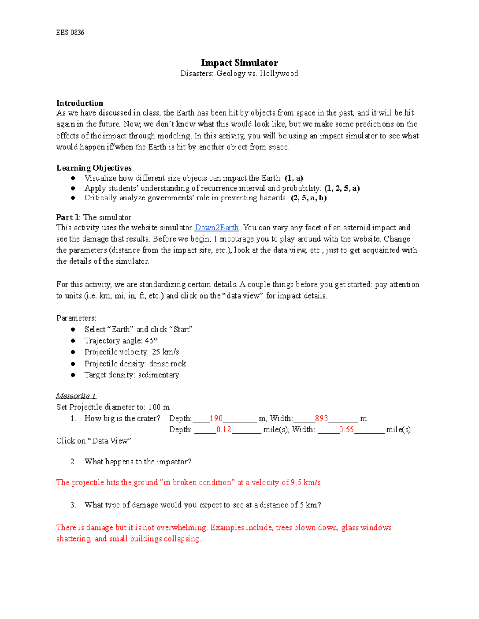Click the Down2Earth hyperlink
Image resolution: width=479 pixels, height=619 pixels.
216,228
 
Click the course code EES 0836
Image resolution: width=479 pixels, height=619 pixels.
70,33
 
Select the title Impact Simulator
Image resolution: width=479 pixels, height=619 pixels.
239,63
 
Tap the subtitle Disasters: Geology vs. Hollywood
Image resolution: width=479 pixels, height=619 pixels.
239,73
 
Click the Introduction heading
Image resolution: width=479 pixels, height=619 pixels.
80,103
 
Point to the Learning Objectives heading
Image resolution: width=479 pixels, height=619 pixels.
94,168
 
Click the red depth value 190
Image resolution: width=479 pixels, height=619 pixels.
216,419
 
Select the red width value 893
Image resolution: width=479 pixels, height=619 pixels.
321,419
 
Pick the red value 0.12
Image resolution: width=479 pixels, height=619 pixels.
224,430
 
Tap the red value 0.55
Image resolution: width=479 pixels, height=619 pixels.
346,430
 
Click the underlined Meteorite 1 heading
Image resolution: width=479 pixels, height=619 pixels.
76,396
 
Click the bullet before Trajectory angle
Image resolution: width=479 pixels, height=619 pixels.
73,341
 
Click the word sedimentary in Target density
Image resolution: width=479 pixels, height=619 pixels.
158,375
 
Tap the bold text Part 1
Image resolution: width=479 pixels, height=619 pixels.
68,218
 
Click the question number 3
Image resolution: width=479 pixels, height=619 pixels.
73,505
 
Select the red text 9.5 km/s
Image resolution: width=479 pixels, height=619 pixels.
306,483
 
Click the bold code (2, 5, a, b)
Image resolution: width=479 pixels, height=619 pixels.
309,198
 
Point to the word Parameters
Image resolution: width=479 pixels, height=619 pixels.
76,318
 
